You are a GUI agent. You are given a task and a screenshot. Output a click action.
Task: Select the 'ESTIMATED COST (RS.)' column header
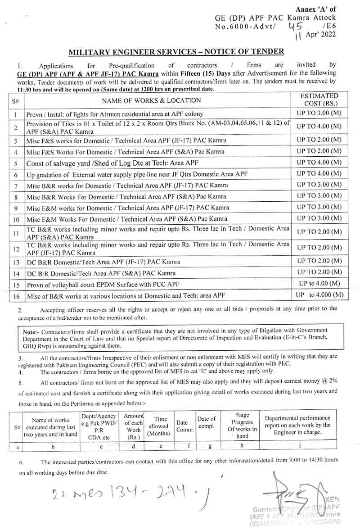tap(319, 100)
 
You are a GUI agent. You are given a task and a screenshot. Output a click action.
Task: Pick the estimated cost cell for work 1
tap(319, 113)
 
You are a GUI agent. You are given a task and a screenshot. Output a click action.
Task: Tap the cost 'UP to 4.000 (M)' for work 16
tap(319, 295)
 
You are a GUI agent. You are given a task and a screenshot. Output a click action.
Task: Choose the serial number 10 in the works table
tap(16, 220)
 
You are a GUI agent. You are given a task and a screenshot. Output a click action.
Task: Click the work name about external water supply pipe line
tap(137, 174)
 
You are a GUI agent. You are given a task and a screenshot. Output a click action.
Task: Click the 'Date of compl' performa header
tap(207, 422)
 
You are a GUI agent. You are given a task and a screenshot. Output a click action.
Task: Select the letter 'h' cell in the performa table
tap(242, 446)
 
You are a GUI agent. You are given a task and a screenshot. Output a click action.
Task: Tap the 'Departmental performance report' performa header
tap(297, 425)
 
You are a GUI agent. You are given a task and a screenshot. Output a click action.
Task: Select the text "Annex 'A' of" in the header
tap(315, 9)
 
